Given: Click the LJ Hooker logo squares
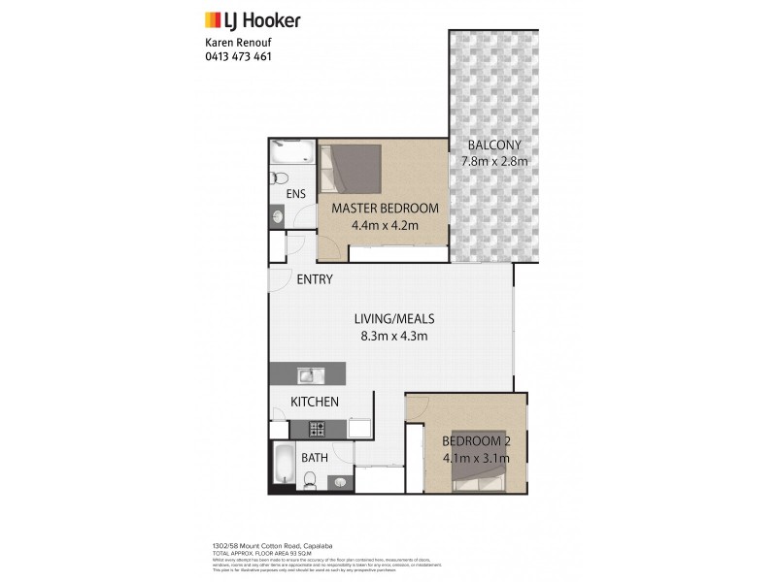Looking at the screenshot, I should [x=214, y=19].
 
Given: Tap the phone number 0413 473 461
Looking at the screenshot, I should [x=238, y=56].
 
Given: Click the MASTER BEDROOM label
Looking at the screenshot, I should [x=385, y=209].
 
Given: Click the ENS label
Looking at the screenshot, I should [x=296, y=194].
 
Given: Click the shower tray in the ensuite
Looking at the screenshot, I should [x=292, y=151].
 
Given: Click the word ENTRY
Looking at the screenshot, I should [x=316, y=280].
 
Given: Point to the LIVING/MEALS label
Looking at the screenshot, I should [x=393, y=317].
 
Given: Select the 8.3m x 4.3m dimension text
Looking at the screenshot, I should [x=393, y=336].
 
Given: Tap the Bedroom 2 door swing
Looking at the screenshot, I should [x=416, y=409].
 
